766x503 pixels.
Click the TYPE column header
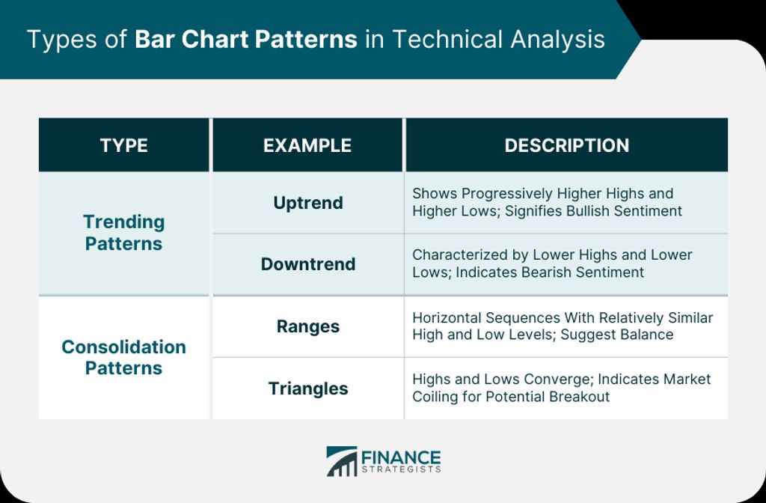(x=123, y=145)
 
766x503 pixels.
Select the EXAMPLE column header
(x=307, y=145)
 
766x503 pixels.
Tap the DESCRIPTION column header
(x=567, y=145)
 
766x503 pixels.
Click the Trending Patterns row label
(x=123, y=233)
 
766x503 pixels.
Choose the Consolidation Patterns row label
(x=123, y=357)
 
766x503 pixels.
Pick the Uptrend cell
(x=308, y=203)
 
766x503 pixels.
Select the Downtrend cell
(x=308, y=264)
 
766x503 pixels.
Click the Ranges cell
(x=308, y=326)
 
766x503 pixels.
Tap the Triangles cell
(x=308, y=388)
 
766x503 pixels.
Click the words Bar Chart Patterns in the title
(x=245, y=39)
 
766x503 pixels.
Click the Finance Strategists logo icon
(x=341, y=461)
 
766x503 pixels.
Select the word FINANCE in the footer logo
(x=401, y=458)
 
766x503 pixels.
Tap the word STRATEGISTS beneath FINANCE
(x=401, y=470)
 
